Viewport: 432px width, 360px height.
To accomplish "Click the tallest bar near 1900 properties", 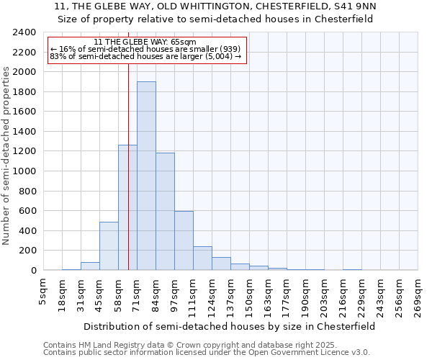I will point(146,176).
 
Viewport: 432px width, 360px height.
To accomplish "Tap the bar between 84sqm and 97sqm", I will point(165,212).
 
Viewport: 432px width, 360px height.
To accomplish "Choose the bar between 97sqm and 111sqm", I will point(184,241).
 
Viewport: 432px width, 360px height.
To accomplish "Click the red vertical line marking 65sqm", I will point(128,144).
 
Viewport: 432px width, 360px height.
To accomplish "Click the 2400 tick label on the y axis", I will point(24,32).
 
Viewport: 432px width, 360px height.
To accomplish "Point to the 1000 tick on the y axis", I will point(24,171).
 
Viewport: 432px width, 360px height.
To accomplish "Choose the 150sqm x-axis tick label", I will point(250,296).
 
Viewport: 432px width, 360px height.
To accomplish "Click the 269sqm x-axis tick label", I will point(418,296).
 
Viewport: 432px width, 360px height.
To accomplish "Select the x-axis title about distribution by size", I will point(229,326).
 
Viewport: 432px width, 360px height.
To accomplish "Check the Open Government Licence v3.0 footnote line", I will point(207,353).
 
